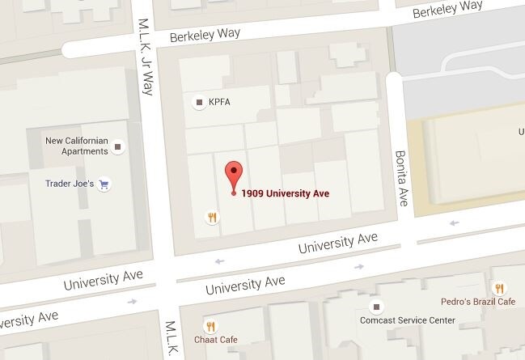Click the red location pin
(x=234, y=174)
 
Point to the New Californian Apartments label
(x=77, y=146)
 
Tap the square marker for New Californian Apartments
(x=119, y=147)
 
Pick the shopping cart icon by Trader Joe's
(x=104, y=184)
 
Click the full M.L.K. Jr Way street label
(x=146, y=57)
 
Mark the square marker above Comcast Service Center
(x=375, y=307)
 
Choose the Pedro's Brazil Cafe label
(x=478, y=302)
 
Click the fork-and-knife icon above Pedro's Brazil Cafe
(x=499, y=287)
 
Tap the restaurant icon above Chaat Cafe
(x=210, y=325)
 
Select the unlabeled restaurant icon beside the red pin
(x=212, y=216)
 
